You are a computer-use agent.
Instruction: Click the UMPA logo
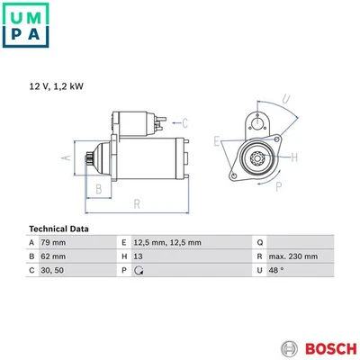(25, 25)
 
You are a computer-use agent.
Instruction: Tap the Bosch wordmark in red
(330, 349)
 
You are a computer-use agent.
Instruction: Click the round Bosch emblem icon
(289, 349)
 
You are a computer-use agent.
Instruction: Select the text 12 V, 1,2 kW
(56, 86)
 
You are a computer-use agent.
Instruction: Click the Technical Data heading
(58, 229)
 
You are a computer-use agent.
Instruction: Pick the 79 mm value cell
(53, 242)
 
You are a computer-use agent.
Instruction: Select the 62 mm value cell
(53, 256)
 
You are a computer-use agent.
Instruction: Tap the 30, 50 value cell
(52, 270)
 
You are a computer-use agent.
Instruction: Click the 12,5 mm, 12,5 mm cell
(167, 242)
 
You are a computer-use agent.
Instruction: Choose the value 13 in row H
(138, 256)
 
